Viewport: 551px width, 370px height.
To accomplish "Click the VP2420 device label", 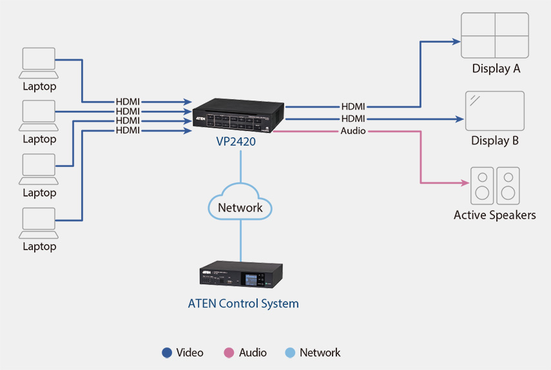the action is [236, 141].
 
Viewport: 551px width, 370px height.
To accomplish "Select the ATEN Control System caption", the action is [243, 303].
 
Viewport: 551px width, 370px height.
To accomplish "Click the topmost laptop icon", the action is [39, 63].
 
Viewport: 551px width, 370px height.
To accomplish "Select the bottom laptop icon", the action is [39, 223].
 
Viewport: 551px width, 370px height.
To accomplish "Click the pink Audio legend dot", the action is [229, 353].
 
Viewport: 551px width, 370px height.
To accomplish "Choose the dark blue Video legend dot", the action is [167, 353].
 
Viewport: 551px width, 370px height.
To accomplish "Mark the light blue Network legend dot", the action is [290, 353].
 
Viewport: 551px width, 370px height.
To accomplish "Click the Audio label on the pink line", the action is [353, 131].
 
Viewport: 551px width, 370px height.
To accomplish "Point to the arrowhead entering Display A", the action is [456, 42].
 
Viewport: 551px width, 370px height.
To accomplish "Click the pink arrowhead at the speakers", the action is [465, 182].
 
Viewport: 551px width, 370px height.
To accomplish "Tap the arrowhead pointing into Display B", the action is [459, 119].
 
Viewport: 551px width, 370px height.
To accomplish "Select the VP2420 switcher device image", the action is [238, 115].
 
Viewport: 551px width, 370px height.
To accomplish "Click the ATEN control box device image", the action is [241, 275].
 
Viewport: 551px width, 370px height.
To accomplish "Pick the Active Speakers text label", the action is [495, 215].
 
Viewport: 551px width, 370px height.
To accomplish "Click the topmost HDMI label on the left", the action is [128, 102].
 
